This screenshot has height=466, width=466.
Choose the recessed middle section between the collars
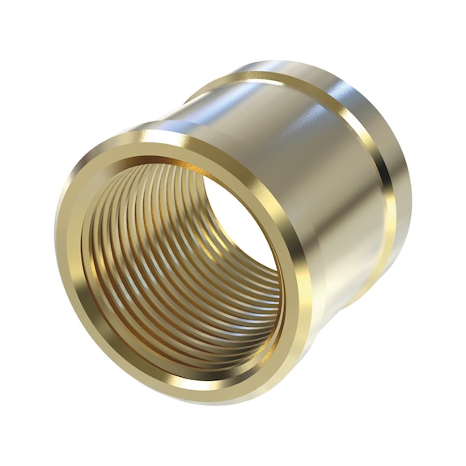pyautogui.click(x=324, y=178)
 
